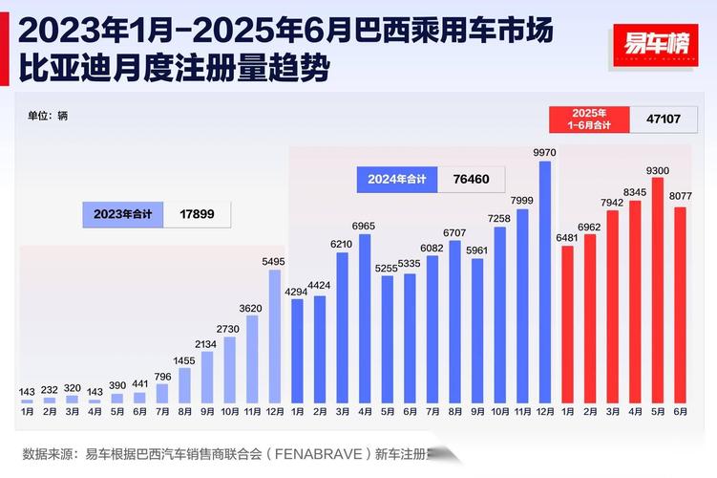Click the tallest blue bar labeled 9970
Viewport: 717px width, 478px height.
545,281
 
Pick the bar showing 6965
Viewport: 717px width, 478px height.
365,317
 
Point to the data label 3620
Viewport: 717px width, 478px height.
252,308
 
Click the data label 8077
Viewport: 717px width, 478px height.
680,195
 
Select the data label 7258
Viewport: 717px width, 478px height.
499,219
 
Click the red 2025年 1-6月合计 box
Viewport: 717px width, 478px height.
590,119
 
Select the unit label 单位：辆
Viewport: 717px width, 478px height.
48,116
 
